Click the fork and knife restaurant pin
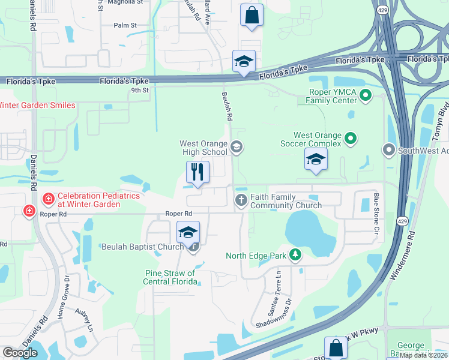click(197, 172)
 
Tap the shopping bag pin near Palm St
click(252, 15)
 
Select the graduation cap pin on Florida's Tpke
click(244, 62)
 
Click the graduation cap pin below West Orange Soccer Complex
click(316, 160)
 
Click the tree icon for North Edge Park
click(295, 256)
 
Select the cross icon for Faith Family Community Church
click(241, 200)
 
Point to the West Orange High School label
click(204, 148)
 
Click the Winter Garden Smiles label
click(37, 106)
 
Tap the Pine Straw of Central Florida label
click(170, 277)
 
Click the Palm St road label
click(125, 25)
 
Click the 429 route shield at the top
click(382, 10)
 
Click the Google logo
click(20, 352)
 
